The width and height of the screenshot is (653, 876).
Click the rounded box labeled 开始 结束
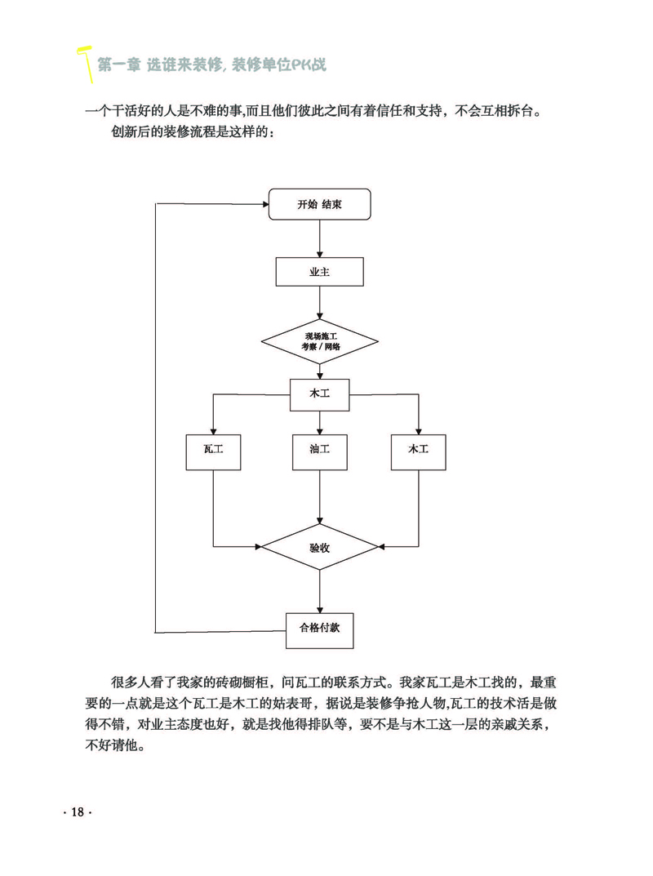point(320,204)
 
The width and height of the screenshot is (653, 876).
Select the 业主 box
point(320,272)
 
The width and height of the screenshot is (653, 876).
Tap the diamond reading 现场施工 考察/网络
point(320,341)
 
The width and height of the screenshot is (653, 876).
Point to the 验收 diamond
point(320,546)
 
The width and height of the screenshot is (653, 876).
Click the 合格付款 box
point(320,629)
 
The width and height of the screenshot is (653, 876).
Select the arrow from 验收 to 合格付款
point(320,589)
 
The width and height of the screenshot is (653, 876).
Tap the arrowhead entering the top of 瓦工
point(214,430)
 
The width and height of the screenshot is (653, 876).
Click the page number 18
point(78,812)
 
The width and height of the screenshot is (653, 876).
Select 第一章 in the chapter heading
point(118,64)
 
